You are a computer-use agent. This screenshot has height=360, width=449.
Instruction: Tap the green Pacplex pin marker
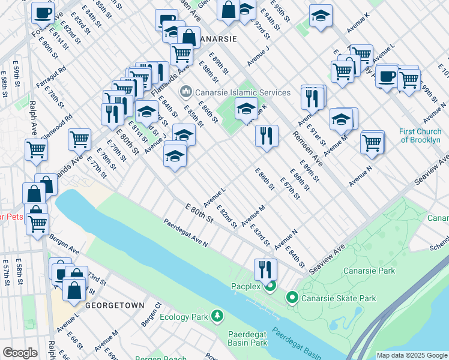271,286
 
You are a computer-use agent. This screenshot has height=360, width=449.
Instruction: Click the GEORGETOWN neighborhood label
115,305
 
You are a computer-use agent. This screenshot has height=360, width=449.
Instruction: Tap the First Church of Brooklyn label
420,136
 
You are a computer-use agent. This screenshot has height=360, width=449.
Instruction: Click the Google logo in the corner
20,353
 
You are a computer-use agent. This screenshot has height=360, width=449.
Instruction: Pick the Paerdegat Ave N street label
185,233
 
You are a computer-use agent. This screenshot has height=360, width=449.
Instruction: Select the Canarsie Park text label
369,271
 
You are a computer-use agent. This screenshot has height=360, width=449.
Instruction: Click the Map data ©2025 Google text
411,355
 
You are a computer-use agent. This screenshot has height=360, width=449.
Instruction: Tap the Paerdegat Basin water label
294,343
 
